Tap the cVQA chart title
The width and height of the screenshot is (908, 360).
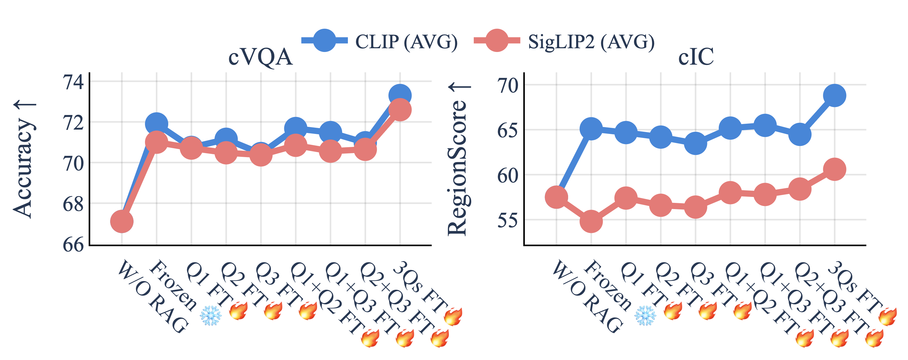(260, 56)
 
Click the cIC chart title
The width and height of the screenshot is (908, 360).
(696, 56)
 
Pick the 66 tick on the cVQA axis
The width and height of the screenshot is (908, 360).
(73, 244)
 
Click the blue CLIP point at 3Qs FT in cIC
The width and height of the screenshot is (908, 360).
(834, 95)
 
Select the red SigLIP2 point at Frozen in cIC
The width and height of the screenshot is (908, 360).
(591, 221)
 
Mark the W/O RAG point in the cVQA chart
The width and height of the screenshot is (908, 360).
(122, 221)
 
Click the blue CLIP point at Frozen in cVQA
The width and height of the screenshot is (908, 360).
(156, 124)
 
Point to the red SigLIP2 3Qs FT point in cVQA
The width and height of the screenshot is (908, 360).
(400, 110)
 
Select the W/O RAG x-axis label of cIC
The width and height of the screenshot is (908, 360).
(587, 296)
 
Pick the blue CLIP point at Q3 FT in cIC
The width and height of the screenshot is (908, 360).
(696, 144)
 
